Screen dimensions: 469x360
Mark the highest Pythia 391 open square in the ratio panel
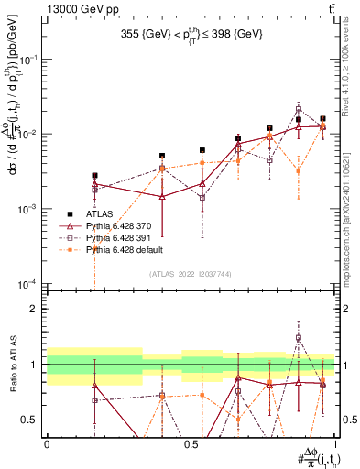coord(299,338)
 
